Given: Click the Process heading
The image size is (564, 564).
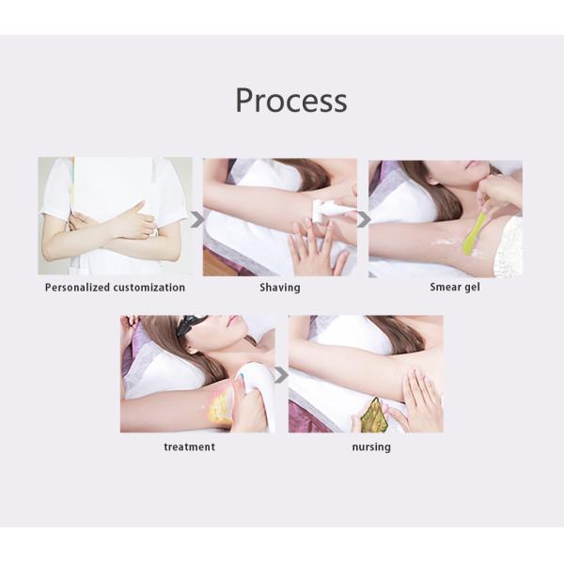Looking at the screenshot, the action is (x=291, y=100).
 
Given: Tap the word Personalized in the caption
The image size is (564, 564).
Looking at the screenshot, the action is (x=77, y=288).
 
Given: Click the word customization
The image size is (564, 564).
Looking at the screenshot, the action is (x=149, y=288).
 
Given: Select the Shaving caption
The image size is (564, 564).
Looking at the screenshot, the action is (x=280, y=288).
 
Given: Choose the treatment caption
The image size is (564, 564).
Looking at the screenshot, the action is (x=190, y=446).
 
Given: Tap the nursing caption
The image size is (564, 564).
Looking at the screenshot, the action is (x=371, y=447).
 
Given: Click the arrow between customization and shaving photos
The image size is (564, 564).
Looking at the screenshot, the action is (x=196, y=220).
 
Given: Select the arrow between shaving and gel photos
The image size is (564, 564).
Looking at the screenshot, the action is (x=363, y=220).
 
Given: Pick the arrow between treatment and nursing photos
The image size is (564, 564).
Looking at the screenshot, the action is (x=281, y=375).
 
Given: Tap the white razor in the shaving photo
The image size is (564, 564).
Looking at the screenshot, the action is (x=325, y=211).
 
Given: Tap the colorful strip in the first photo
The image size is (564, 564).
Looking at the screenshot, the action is (x=72, y=183).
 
